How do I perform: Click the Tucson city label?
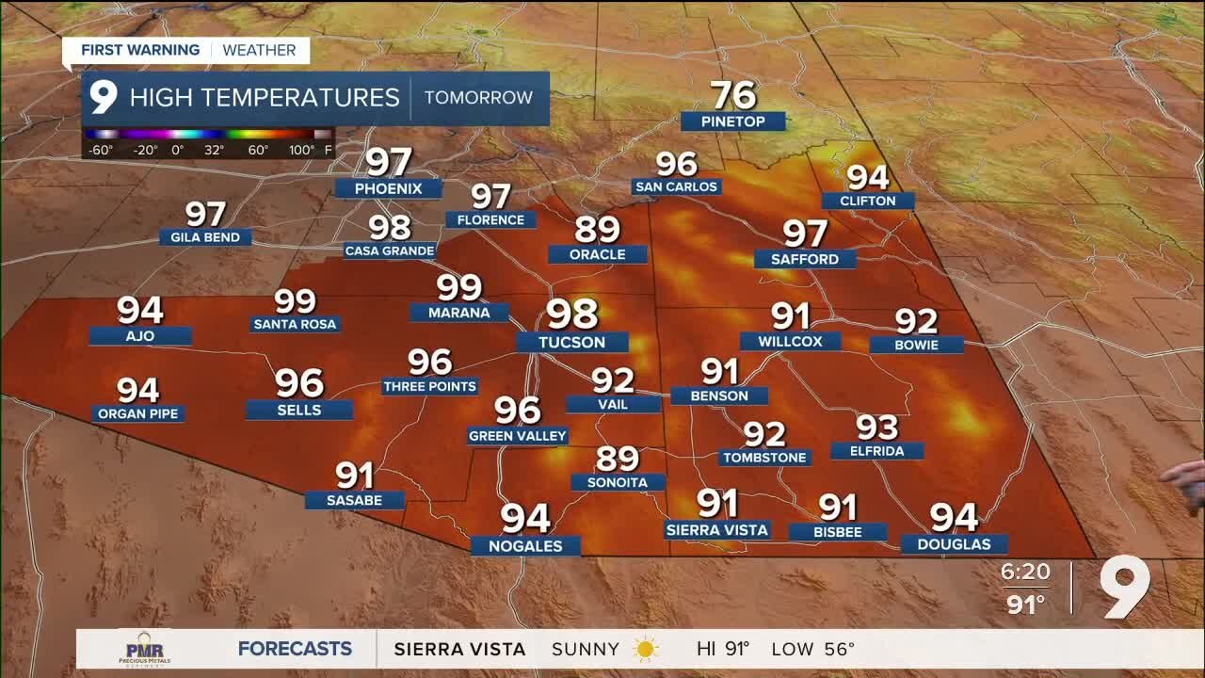click(572, 343)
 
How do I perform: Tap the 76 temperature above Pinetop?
click(733, 95)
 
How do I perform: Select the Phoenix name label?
click(388, 188)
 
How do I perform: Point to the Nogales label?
click(525, 546)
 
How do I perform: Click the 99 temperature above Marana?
click(458, 287)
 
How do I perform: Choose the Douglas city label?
click(954, 544)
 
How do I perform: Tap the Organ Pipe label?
click(137, 413)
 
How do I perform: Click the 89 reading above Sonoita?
click(618, 459)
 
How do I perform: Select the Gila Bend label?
click(205, 237)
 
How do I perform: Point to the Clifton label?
click(867, 201)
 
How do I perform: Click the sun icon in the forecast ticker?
click(646, 649)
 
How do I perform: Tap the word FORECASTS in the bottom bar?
click(295, 649)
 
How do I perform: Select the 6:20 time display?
click(1025, 573)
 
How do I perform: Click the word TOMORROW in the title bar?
click(478, 98)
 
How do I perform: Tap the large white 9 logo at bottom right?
click(1126, 588)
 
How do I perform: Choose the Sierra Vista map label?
click(717, 530)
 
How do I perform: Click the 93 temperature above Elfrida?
click(876, 428)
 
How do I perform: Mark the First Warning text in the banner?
click(140, 50)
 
